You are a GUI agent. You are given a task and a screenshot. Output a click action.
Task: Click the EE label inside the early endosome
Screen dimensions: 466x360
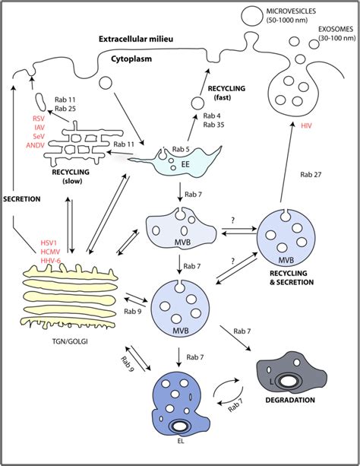pos(185,163)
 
